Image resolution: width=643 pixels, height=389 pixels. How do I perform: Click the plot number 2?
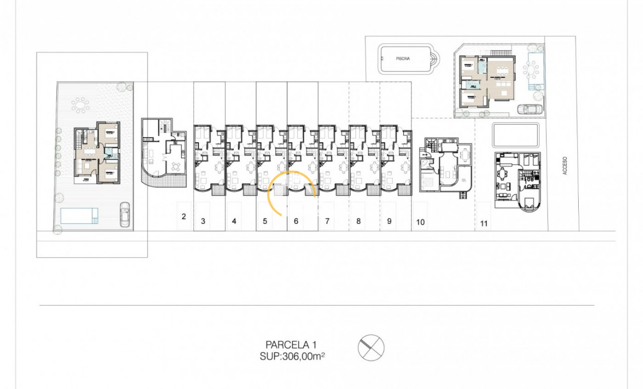[184, 216]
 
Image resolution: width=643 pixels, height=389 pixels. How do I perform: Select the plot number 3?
[203, 221]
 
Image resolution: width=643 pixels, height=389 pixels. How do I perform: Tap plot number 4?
[234, 221]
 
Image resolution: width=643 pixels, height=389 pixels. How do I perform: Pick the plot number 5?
[265, 221]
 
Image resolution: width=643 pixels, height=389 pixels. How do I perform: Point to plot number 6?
[296, 221]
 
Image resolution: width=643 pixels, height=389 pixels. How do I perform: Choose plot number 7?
[327, 221]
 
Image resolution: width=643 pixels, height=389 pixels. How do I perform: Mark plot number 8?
[358, 221]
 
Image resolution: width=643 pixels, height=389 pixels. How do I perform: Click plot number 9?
[389, 221]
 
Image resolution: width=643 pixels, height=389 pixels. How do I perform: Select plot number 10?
[420, 222]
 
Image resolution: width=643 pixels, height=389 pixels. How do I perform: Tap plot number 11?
[483, 223]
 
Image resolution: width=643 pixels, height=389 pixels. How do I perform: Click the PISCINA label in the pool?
[403, 59]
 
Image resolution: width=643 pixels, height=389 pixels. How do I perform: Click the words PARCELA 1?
[291, 344]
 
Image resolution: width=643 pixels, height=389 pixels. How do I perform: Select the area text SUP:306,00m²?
[293, 356]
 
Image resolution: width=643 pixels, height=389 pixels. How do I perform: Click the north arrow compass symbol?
[371, 347]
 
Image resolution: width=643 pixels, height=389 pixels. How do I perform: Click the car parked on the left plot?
[125, 214]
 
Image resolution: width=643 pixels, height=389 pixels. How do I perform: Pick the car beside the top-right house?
[530, 109]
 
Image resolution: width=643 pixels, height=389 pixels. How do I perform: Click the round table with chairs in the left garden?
[80, 105]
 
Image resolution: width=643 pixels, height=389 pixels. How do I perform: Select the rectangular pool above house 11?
[515, 135]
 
